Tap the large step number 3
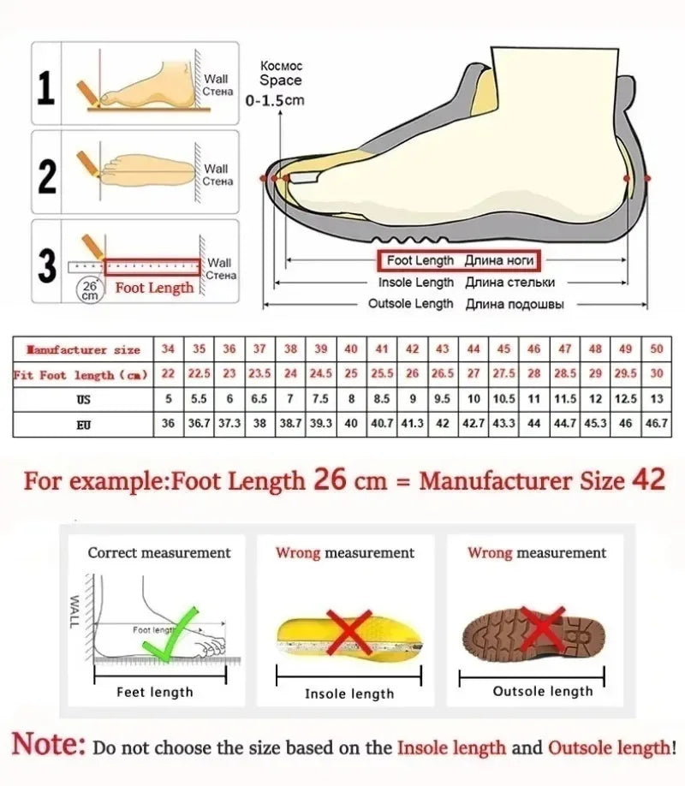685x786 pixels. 48,265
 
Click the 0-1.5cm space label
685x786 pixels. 275,100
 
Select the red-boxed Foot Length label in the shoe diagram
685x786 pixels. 459,260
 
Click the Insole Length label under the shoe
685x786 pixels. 416,283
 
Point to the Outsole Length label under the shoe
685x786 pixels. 410,304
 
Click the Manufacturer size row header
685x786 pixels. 83,349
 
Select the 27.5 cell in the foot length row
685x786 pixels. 503,374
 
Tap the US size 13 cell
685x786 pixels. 656,399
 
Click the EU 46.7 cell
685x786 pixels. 656,423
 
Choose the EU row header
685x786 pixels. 83,423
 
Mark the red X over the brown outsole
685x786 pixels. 543,630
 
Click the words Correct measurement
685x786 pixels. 159,553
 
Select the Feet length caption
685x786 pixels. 155,692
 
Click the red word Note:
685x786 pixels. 49,745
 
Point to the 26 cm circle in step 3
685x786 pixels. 89,289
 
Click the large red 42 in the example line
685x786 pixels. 647,479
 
